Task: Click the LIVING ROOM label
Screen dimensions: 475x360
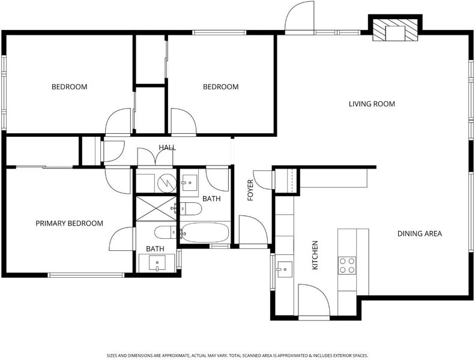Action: [x=372, y=104]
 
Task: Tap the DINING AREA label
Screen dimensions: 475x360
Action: [x=420, y=233]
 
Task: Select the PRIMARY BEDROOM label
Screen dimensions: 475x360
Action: [x=70, y=223]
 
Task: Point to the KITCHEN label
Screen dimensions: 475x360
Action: [x=315, y=255]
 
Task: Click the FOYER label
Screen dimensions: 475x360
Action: [x=250, y=190]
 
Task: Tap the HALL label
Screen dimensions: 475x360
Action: [x=167, y=148]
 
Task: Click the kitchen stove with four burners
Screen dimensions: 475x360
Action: [x=347, y=265]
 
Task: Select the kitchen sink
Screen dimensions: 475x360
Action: [x=285, y=269]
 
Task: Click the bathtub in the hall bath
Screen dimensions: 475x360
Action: [x=205, y=232]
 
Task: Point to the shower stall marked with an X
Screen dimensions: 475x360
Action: [x=156, y=209]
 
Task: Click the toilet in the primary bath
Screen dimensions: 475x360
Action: [x=165, y=232]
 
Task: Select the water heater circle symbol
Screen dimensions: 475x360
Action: [x=167, y=182]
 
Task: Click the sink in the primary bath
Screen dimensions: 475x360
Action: [x=157, y=263]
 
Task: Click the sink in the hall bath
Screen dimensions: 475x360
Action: [x=190, y=182]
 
